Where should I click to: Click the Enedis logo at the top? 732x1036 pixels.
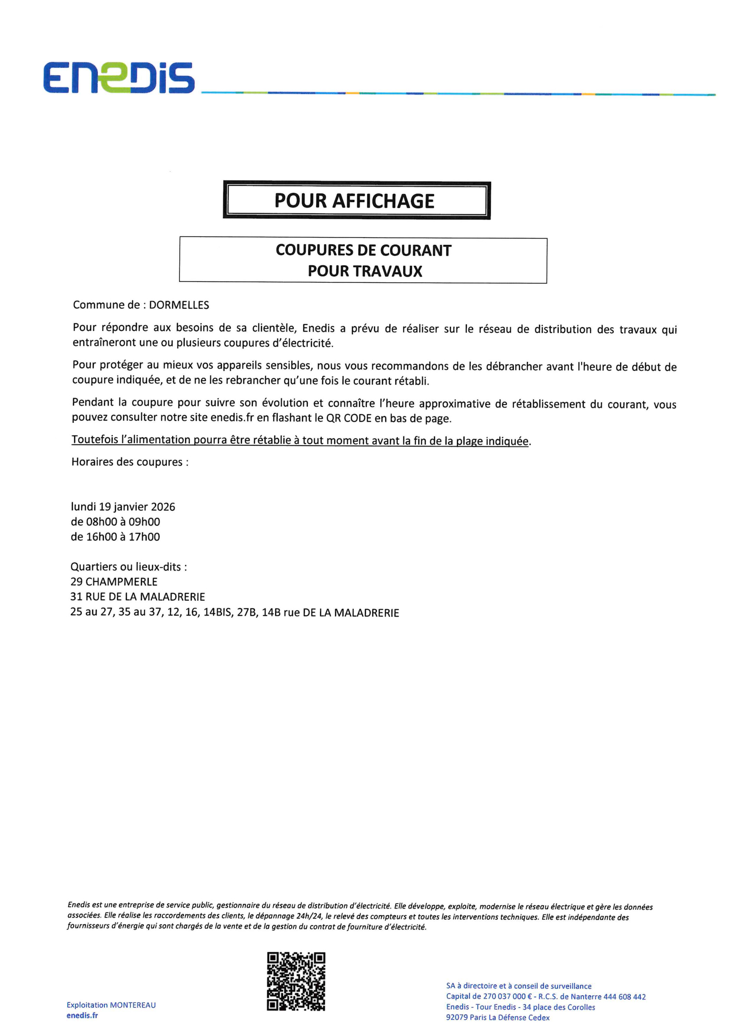[119, 78]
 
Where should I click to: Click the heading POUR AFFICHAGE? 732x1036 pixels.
[354, 201]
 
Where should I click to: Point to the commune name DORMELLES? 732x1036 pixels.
[179, 305]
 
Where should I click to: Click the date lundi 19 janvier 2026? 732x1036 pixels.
[123, 507]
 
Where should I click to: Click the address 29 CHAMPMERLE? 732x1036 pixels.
[114, 582]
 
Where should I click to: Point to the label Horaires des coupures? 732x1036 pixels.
[129, 462]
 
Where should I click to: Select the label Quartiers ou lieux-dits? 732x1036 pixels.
[128, 567]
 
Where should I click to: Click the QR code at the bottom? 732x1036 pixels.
[296, 981]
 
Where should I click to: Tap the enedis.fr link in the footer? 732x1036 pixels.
[82, 1015]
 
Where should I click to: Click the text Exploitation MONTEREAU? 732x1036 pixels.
[111, 1005]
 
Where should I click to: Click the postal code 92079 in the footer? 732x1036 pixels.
[457, 1017]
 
